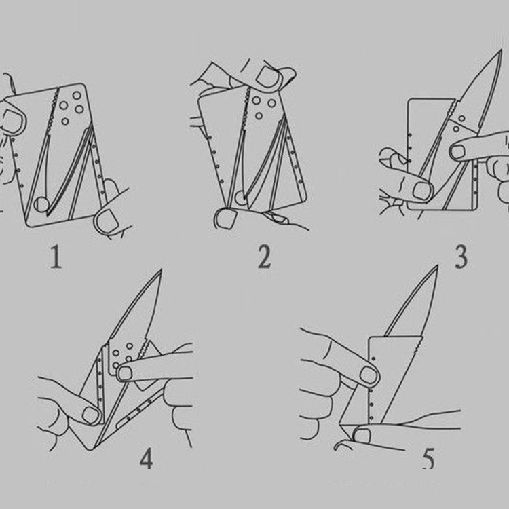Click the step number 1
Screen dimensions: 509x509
click(56, 257)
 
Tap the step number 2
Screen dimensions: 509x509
click(264, 257)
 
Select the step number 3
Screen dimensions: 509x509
click(461, 257)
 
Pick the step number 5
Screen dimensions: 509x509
click(428, 458)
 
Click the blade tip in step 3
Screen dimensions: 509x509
click(502, 50)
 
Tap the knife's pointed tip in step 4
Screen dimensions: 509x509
click(161, 270)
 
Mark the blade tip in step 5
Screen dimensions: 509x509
click(437, 267)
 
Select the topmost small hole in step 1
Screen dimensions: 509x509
click(77, 96)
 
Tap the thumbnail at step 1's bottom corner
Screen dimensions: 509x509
click(107, 222)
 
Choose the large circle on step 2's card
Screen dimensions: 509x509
click(241, 198)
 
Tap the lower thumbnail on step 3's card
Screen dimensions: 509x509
click(422, 191)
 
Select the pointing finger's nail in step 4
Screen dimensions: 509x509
click(126, 373)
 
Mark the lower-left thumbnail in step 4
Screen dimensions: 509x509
click(90, 415)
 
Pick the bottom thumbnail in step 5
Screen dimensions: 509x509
click(362, 436)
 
